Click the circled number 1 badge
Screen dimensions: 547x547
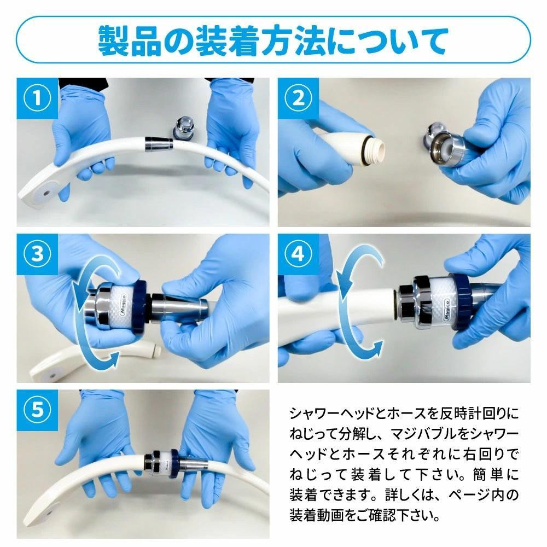click(37, 98)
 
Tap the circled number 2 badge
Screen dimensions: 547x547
click(298, 98)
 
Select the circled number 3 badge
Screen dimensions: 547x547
click(37, 254)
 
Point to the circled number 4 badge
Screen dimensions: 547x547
click(298, 254)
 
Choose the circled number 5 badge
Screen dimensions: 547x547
click(37, 410)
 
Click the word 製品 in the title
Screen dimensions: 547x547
click(130, 41)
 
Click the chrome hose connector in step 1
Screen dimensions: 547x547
click(159, 144)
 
